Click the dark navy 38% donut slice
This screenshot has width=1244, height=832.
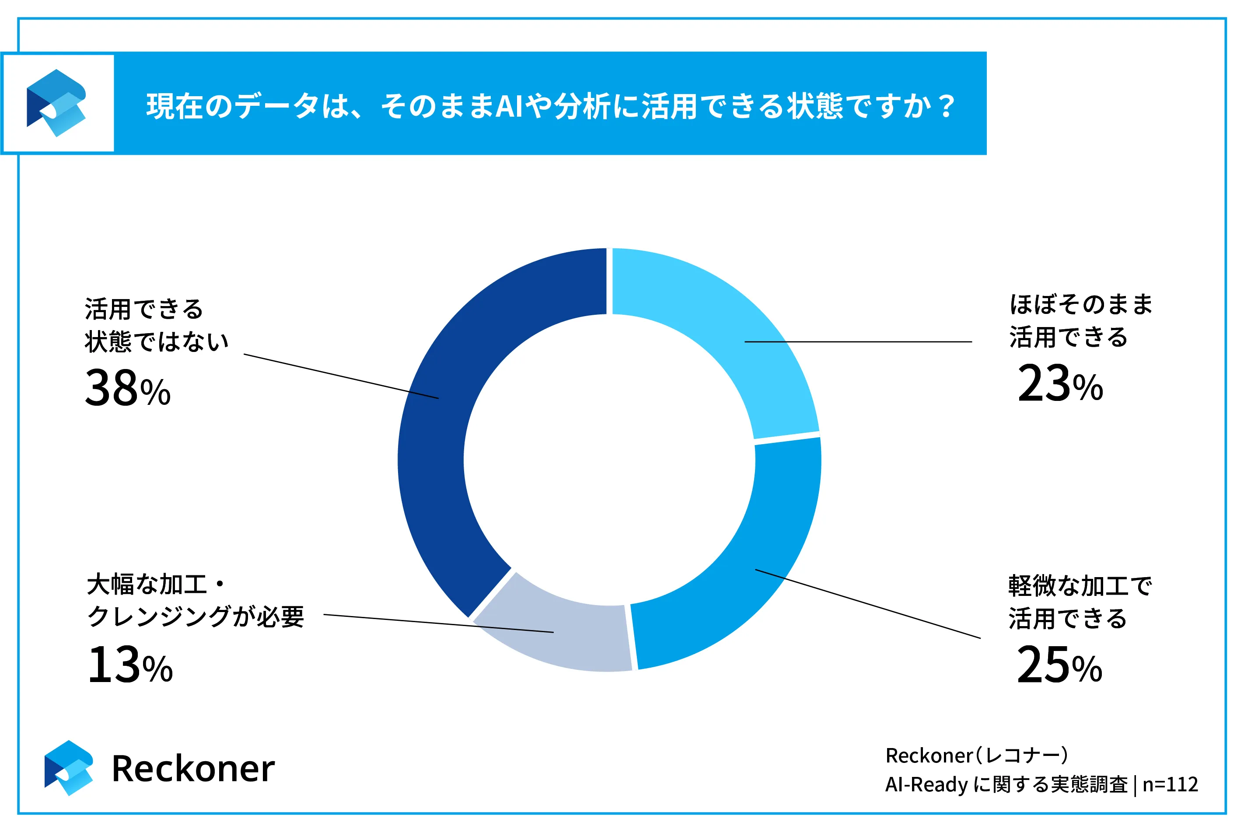tap(433, 456)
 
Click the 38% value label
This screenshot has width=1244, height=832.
tap(127, 388)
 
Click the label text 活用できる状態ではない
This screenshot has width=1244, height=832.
tap(157, 325)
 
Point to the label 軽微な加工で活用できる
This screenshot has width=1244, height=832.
tap(1080, 602)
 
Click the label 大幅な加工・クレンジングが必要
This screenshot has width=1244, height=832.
tap(195, 601)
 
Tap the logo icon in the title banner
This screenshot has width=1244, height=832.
tap(57, 103)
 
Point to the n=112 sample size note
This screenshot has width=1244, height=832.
tap(1170, 784)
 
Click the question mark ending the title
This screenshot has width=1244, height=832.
tap(946, 106)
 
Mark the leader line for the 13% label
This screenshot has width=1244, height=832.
tap(438, 623)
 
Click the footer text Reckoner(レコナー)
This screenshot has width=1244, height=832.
tap(976, 755)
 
